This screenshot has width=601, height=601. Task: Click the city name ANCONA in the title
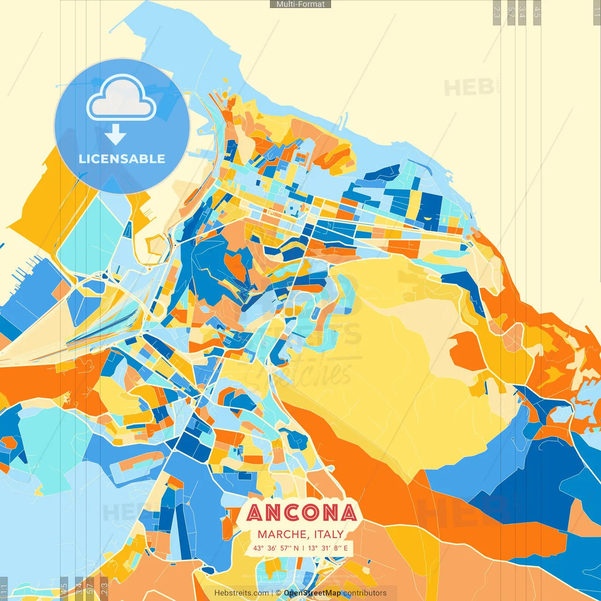pos(301,513)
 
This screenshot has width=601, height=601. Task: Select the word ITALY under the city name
pos(329,534)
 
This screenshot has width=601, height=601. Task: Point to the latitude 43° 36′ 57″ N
pos(276,548)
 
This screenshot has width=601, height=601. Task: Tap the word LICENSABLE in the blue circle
pos(122,159)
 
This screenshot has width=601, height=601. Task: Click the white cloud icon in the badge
pos(122,100)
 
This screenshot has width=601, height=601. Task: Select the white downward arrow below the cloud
pos(116,135)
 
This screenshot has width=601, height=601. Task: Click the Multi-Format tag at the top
pos(300,4)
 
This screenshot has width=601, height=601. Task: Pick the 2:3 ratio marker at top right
pos(497,12)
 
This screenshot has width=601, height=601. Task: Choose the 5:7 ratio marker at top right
pos(511,12)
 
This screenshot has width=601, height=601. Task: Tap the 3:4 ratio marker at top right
pos(522,12)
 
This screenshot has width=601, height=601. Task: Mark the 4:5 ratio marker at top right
pos(537,12)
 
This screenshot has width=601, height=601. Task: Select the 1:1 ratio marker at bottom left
pos(4,589)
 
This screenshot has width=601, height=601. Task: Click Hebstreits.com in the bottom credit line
pos(241,593)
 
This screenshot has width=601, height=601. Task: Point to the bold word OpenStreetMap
pos(312,593)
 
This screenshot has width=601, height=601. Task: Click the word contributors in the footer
pos(365,593)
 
